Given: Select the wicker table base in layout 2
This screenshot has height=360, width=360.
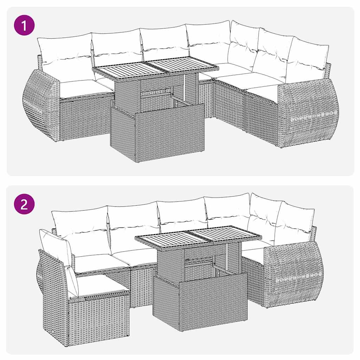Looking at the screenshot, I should [200, 302].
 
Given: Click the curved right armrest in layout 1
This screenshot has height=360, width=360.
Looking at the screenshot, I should [309, 112].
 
